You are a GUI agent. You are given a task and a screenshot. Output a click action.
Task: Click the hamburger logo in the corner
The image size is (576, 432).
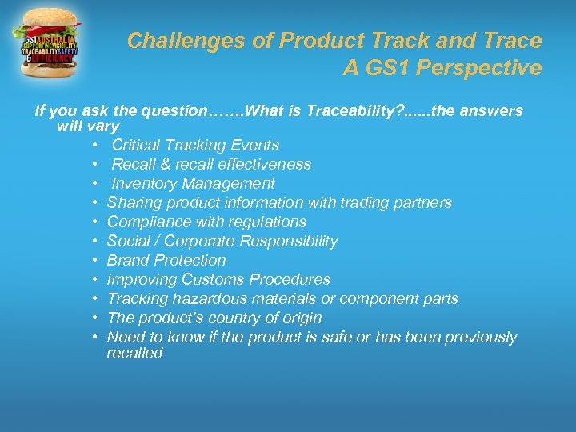[47, 44]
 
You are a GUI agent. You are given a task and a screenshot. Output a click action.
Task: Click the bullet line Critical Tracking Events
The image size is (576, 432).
[195, 145]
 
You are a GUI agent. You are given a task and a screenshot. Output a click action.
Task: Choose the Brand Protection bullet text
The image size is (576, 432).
[166, 260]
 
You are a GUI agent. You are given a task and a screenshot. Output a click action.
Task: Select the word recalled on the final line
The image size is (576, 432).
[134, 354]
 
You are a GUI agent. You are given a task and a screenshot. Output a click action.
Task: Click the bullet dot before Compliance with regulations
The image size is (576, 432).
[94, 222]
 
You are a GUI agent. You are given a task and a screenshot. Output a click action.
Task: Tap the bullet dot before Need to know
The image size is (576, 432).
[94, 338]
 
